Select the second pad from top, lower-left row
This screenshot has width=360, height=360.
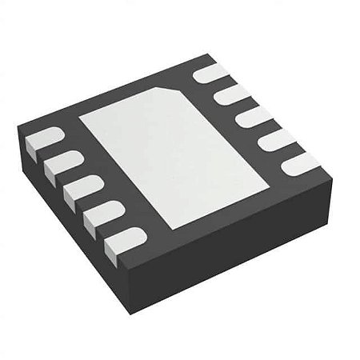click(x=61, y=164)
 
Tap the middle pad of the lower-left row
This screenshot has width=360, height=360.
click(x=81, y=189)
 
